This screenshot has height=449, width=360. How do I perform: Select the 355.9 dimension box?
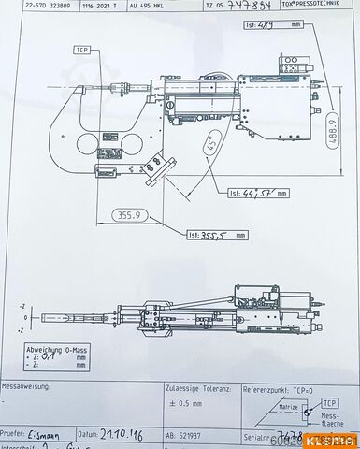pyautogui.click(x=127, y=214)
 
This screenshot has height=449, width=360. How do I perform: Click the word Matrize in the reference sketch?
pyautogui.click(x=289, y=408)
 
